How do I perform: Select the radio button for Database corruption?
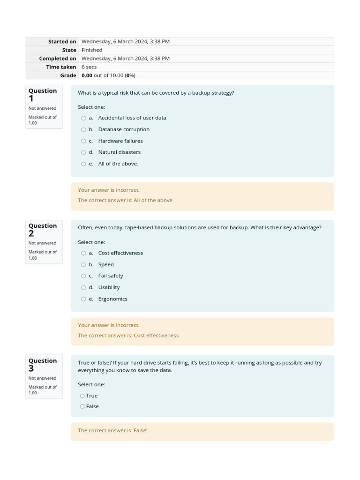coord(83,130)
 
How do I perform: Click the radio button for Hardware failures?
coord(83,141)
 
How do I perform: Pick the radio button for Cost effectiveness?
coord(83,253)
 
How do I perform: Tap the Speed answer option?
coord(106,264)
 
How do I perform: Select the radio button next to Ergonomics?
coord(83,299)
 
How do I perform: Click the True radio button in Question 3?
coord(82,396)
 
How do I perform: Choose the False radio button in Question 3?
coord(82,407)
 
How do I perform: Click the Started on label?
coord(62,42)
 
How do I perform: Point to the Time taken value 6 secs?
coord(89,67)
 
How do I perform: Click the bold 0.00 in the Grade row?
coord(87,75)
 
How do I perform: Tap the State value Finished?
coord(92,50)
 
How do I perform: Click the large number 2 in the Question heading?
coord(31,233)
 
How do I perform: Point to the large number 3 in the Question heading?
coord(31,368)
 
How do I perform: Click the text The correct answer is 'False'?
coord(113,430)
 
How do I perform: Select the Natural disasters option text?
coord(119,152)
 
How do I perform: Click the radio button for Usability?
coord(83,288)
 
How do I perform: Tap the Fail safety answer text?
coord(111,276)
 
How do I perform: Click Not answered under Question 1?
coord(42,108)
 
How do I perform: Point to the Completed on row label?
coord(58,59)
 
